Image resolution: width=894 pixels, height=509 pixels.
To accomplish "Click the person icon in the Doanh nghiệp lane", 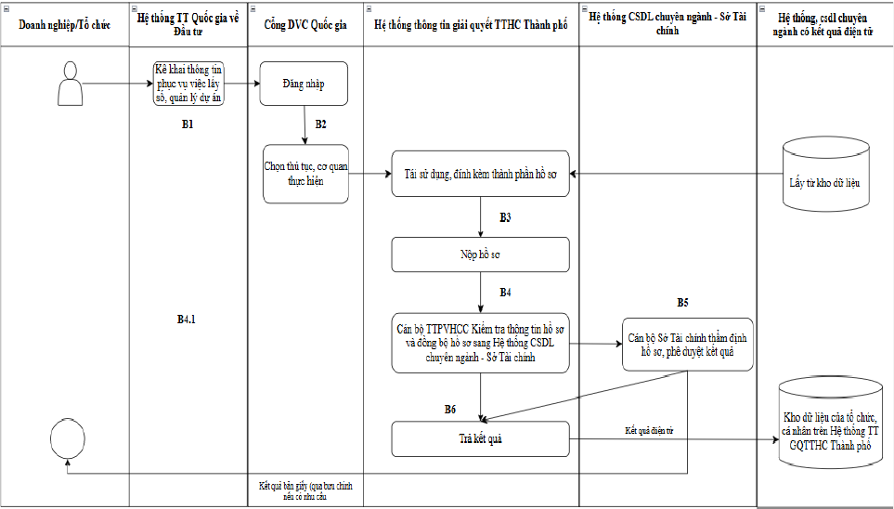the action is click(71, 84).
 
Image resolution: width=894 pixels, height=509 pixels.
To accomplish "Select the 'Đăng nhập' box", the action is click(304, 84).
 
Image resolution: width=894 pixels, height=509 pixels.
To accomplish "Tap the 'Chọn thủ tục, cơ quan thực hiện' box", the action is click(305, 174).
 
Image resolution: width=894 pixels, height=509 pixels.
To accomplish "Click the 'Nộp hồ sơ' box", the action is click(480, 254).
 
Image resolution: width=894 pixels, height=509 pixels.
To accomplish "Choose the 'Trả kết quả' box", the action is click(480, 438).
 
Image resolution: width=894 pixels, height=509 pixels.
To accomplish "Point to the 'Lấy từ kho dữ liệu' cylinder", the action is click(825, 174).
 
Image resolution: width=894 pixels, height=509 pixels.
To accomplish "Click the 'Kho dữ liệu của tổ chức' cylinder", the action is click(830, 422).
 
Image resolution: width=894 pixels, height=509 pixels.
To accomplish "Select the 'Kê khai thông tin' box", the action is click(188, 84).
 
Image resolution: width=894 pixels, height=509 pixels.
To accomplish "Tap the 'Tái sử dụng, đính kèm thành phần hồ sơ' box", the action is click(480, 174).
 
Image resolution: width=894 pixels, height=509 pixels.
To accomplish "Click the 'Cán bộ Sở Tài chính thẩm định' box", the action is click(687, 345).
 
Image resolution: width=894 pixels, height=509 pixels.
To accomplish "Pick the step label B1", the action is click(188, 124).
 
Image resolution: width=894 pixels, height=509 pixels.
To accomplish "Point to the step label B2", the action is click(320, 124).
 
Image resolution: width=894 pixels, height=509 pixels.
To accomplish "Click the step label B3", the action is click(505, 217).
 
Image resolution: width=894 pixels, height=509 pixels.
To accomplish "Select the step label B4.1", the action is click(186, 320).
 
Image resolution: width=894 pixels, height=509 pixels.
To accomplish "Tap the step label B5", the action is click(682, 303).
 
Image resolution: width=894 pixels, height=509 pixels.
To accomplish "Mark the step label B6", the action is click(450, 409).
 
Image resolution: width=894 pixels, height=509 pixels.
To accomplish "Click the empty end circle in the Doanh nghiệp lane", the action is click(68, 438).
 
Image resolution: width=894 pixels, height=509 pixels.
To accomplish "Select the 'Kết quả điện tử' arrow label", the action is click(649, 431).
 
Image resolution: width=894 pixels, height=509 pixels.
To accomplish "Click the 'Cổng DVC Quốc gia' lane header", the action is click(305, 25).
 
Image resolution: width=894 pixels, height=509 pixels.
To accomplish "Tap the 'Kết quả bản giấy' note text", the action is click(305, 490).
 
